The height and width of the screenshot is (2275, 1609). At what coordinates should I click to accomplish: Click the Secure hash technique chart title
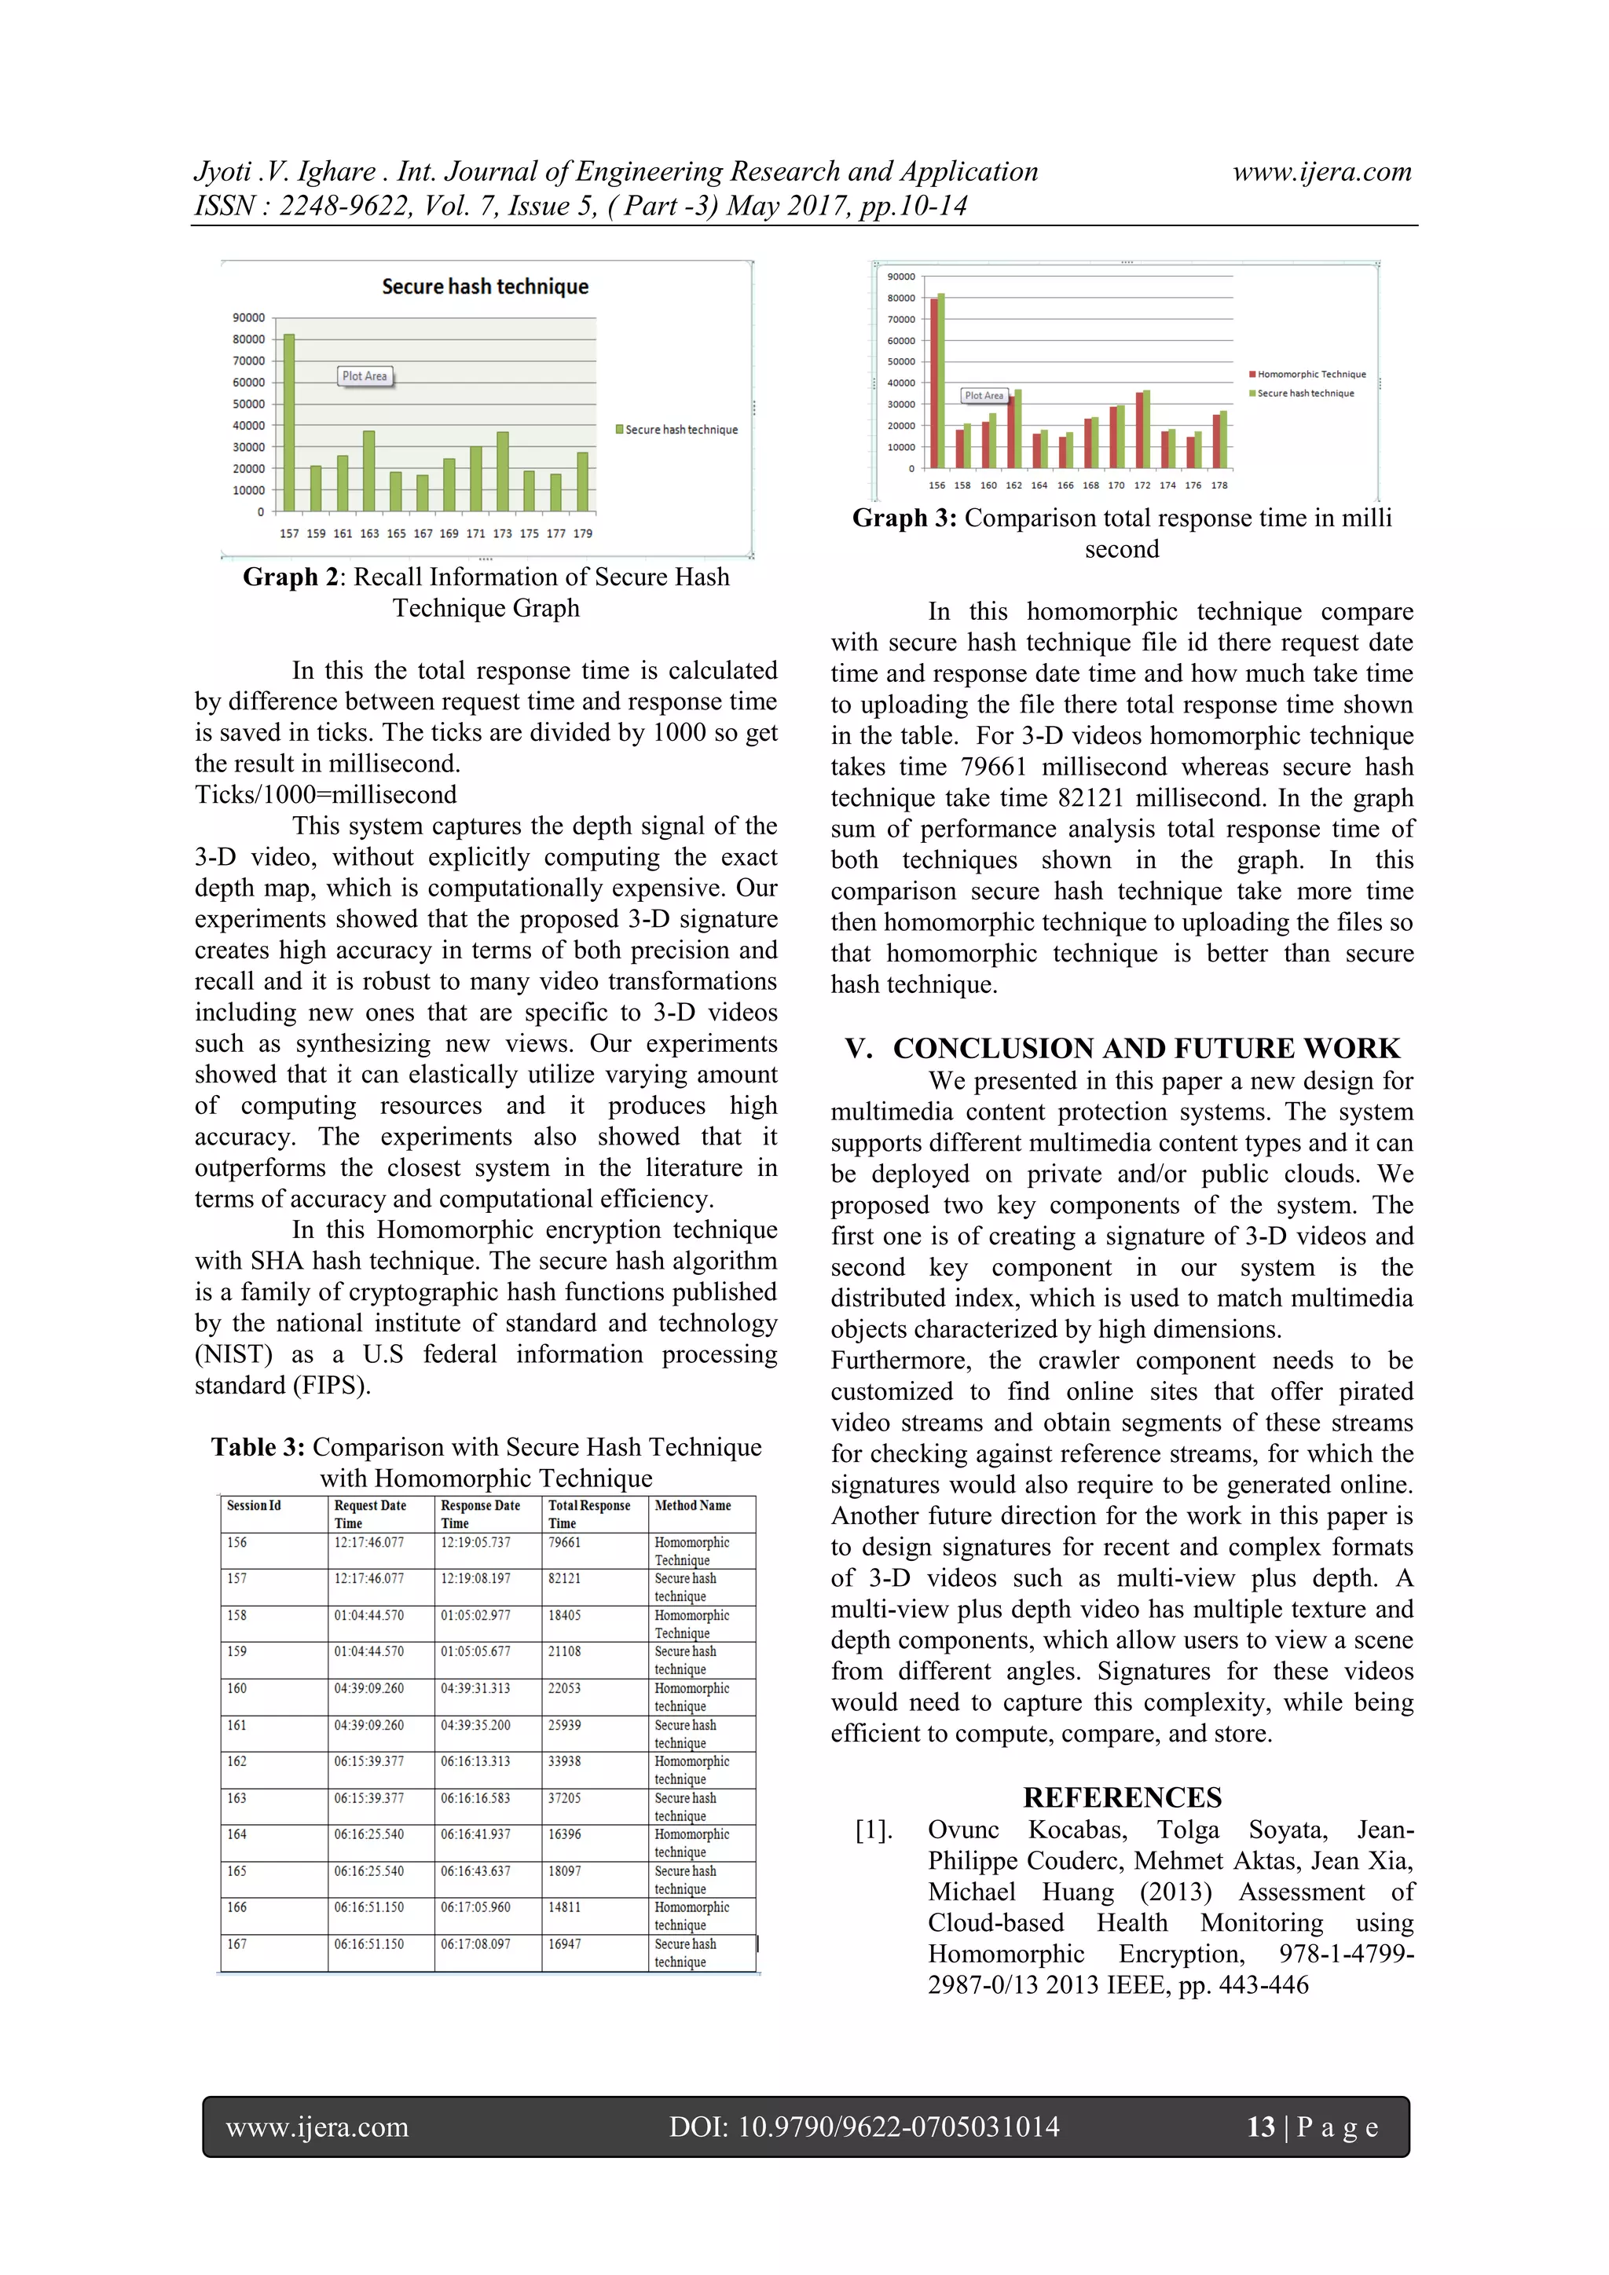tap(485, 287)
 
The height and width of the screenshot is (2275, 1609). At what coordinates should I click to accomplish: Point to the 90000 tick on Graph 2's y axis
tap(249, 318)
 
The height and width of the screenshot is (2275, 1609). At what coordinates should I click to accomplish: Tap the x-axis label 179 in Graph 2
tap(583, 533)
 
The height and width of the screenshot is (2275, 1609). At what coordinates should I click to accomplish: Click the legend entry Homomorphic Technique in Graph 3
tap(1310, 375)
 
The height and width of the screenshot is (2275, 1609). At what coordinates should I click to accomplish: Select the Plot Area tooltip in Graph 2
tap(365, 376)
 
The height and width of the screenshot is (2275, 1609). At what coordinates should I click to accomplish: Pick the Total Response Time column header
tap(588, 1513)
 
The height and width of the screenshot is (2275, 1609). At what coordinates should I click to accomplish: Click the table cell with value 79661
tap(565, 1543)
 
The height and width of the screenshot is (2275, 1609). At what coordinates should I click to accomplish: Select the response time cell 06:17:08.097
tap(475, 1944)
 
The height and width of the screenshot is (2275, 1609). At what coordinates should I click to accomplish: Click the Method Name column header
tap(692, 1505)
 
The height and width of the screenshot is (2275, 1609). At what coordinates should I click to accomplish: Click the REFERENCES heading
tap(1122, 1797)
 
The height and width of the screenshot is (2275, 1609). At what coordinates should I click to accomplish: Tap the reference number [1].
tap(874, 1830)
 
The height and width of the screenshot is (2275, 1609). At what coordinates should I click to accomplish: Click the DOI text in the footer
tap(864, 2127)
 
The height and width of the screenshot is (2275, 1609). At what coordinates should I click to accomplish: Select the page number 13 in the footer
tap(1260, 2127)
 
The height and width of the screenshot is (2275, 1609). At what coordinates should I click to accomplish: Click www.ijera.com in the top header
tap(1321, 171)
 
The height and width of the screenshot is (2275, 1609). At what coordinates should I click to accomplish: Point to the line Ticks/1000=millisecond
tap(326, 795)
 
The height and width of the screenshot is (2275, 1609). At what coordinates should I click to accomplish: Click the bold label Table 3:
tap(258, 1448)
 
